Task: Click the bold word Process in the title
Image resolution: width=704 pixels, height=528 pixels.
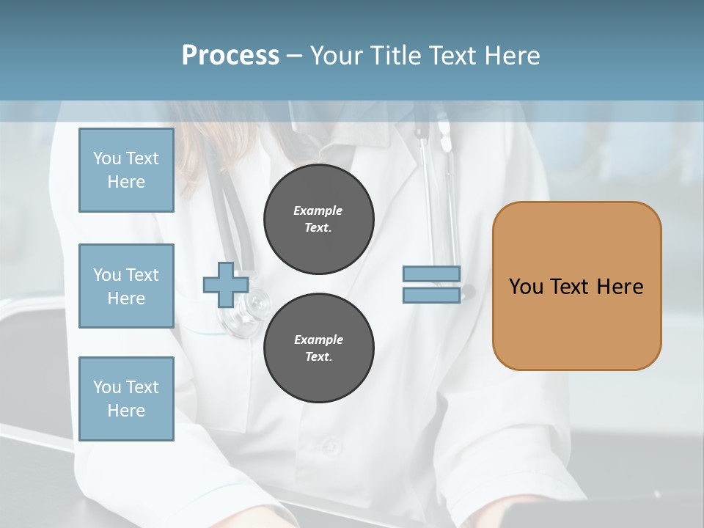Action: coord(230,56)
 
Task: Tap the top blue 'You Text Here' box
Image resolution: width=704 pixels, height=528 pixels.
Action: coord(126,170)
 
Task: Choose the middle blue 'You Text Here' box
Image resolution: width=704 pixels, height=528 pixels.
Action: coord(126,286)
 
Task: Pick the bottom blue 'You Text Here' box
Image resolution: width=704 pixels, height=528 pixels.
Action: coord(126,399)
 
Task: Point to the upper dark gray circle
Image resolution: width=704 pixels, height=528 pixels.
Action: coord(318,219)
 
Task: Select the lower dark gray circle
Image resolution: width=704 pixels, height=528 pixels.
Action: coord(318,348)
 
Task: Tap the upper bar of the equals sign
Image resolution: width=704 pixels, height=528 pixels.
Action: coord(432,274)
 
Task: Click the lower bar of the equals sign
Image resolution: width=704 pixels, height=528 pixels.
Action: coord(432,295)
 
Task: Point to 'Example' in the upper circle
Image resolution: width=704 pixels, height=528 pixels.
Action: coord(318,210)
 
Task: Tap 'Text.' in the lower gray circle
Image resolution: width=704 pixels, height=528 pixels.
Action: coord(318,357)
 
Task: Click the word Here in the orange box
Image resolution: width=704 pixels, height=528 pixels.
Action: coord(620,287)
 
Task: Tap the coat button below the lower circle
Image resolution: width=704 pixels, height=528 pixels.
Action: coord(331,445)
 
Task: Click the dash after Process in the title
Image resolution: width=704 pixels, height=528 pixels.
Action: coord(295,56)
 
